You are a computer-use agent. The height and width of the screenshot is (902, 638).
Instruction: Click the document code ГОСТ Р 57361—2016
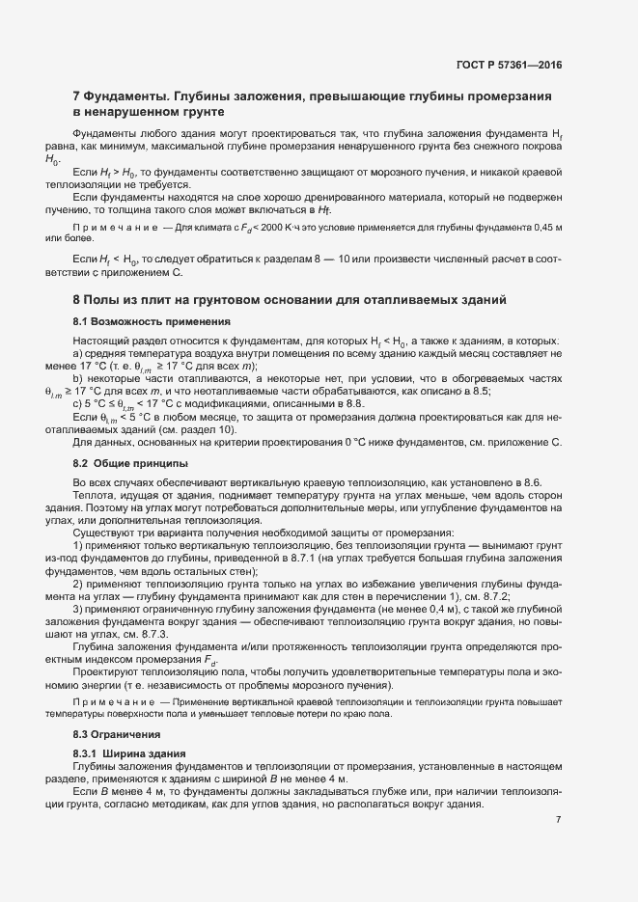pos(508,66)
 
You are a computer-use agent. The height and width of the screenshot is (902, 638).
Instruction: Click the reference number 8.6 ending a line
pos(544,480)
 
